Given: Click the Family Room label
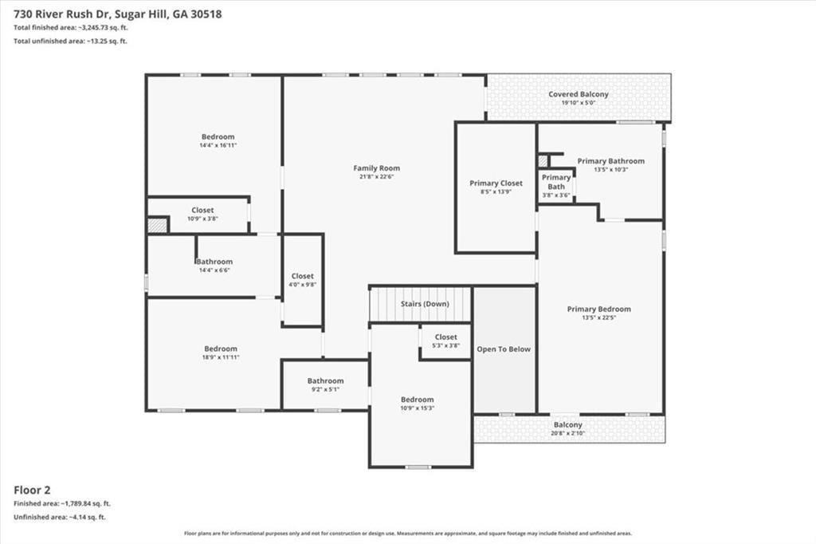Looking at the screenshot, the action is pyautogui.click(x=376, y=168).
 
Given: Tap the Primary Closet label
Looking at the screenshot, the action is pyautogui.click(x=496, y=183).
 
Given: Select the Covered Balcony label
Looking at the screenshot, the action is pyautogui.click(x=579, y=94).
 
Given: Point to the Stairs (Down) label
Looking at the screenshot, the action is pyautogui.click(x=425, y=304).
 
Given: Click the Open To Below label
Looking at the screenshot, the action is pyautogui.click(x=504, y=349).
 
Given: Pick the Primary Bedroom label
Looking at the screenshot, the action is pyautogui.click(x=599, y=309).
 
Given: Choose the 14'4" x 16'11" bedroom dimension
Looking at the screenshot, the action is pyautogui.click(x=218, y=145).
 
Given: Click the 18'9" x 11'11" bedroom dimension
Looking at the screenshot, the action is pyautogui.click(x=221, y=357).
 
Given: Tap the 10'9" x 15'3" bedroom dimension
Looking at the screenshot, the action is pyautogui.click(x=418, y=408).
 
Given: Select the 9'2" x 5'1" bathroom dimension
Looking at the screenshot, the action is pyautogui.click(x=325, y=389).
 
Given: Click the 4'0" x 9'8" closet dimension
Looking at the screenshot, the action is pyautogui.click(x=302, y=285).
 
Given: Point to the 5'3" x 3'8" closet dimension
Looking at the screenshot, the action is pyautogui.click(x=446, y=345).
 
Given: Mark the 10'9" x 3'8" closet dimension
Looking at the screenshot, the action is pyautogui.click(x=202, y=219).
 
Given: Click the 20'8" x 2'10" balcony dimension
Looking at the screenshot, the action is pyautogui.click(x=567, y=433).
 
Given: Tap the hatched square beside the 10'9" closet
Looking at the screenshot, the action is pyautogui.click(x=157, y=225).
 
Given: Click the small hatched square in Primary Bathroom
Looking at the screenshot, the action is pyautogui.click(x=543, y=160).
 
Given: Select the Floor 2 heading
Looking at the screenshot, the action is pyautogui.click(x=32, y=490).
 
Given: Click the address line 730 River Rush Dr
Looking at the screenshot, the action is pyautogui.click(x=118, y=14).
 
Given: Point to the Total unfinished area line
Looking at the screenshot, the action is pyautogui.click(x=70, y=41).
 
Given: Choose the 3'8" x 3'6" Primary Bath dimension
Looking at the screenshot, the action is pyautogui.click(x=556, y=195).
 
